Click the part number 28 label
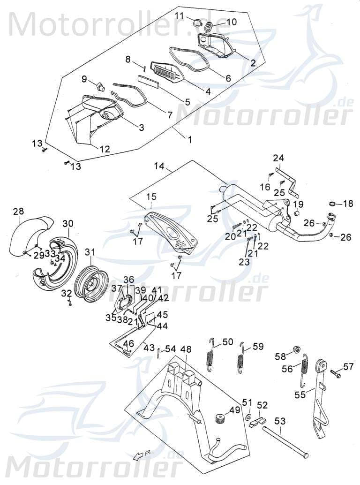(x=18, y=212)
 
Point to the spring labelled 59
(x=242, y=359)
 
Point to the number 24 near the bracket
(x=279, y=158)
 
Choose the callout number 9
(x=84, y=79)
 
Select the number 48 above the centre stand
(x=186, y=349)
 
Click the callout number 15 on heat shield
(x=151, y=196)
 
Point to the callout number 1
(x=190, y=139)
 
